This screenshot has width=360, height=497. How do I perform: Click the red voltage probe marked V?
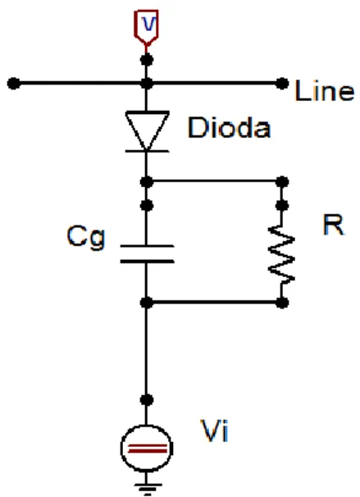[x=146, y=27]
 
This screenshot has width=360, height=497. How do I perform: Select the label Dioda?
[x=229, y=127]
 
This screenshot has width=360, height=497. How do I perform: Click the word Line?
[x=324, y=91]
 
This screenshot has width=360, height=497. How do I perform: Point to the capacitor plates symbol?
[x=147, y=253]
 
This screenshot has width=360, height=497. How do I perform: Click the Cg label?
[x=85, y=237]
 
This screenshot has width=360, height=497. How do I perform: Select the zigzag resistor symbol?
[x=281, y=253]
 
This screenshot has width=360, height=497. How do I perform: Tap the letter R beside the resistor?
[x=334, y=225]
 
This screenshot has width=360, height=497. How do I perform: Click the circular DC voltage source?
[x=147, y=448]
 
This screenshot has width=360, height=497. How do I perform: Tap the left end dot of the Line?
[x=14, y=84]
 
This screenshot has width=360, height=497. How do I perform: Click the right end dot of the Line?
[x=282, y=84]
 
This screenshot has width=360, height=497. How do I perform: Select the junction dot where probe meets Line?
[x=147, y=84]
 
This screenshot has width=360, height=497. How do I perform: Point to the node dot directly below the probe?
[x=147, y=60]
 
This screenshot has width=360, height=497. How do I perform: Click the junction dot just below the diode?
[x=147, y=182]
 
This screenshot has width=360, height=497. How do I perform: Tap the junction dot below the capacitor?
[x=147, y=303]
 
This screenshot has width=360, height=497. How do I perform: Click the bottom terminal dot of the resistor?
[x=282, y=303]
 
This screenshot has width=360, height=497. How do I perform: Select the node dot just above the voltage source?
[x=147, y=399]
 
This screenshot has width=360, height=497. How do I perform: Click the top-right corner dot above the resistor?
[x=282, y=182]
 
